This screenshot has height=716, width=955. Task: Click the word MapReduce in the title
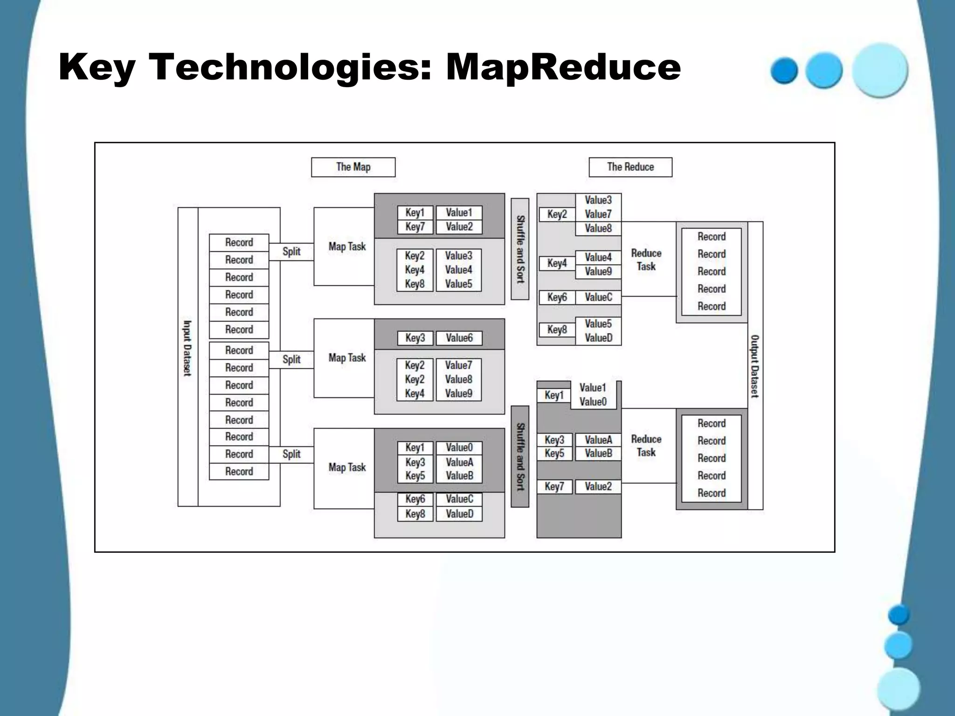pos(563,67)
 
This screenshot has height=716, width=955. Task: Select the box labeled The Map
pos(353,167)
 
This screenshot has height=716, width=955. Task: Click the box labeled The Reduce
pos(630,167)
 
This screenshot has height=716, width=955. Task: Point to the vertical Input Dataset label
pos(187,348)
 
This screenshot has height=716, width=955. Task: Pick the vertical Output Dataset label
pos(755,366)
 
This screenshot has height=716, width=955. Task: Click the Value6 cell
pos(459,338)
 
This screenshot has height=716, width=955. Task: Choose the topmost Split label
pos(291,252)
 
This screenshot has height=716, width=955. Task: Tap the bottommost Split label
pos(291,454)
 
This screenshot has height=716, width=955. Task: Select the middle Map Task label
pos(347,358)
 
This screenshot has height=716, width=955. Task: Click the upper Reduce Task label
pos(646,260)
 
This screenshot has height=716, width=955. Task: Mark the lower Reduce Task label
pos(646,446)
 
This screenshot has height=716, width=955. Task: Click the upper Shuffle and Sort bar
pos(520,249)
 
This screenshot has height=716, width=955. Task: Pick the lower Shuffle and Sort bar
pos(520,457)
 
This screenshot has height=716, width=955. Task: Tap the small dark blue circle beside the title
pos(784,70)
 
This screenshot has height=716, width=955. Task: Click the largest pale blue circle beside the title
pos(880,70)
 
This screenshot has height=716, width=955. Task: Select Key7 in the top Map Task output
pos(415,227)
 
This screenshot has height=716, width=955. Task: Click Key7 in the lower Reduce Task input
pos(554,487)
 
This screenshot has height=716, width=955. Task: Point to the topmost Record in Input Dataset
pos(239,242)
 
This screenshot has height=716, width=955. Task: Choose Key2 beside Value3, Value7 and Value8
pos(557,214)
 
